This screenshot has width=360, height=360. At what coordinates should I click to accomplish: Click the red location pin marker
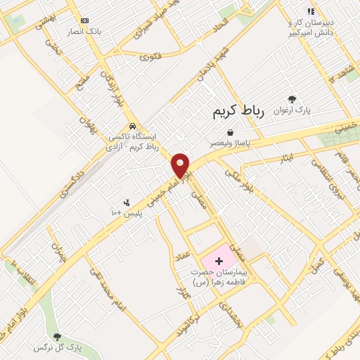coord(181,166)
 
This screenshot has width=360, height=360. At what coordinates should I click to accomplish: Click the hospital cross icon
coord(218,261)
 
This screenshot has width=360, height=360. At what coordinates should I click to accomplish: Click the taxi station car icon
coord(131,127)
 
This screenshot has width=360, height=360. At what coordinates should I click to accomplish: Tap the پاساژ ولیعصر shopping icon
coord(229,131)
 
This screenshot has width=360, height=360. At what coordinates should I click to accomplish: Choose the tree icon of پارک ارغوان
coord(292,99)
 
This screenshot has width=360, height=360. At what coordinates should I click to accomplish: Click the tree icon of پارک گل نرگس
coord(57,337)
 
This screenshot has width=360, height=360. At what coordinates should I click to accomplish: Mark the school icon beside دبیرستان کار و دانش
coord(310,11)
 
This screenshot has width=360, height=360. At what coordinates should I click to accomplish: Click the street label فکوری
coord(150,56)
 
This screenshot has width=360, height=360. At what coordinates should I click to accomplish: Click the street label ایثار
coord(285,160)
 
